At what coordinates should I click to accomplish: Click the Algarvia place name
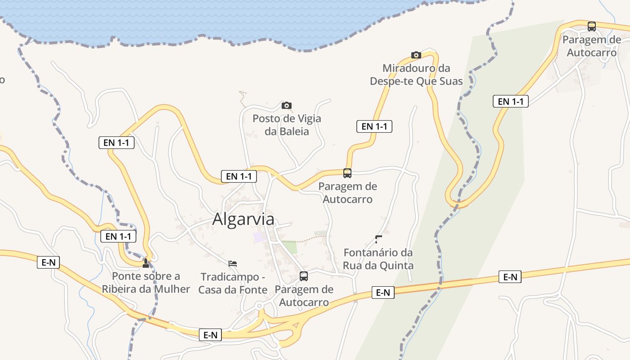(243, 219)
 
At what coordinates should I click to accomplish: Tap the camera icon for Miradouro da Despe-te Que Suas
(416, 55)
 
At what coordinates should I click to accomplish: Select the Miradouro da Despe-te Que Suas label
(416, 75)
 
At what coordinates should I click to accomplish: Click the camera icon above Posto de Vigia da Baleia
(286, 105)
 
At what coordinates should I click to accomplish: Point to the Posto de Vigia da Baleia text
(287, 125)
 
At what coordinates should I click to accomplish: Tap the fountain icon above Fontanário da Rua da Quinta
(378, 239)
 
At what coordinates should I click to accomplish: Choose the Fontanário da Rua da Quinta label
(378, 259)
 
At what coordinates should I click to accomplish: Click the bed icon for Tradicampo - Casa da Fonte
(233, 263)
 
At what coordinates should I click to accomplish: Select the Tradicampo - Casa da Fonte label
(233, 283)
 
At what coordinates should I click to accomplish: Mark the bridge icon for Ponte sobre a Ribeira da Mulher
(145, 263)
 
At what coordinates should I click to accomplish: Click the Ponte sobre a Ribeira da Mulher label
(146, 283)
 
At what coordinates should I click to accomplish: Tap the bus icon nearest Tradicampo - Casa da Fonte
(304, 276)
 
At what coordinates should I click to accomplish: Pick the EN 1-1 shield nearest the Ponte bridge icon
(118, 236)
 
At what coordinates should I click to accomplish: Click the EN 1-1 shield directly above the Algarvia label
(238, 176)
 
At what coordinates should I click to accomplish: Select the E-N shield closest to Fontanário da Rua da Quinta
(383, 292)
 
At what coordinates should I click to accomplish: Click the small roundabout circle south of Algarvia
(259, 306)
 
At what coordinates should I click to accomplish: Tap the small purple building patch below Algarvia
(258, 237)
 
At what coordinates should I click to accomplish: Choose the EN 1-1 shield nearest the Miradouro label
(374, 126)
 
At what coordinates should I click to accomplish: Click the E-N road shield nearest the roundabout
(210, 335)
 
